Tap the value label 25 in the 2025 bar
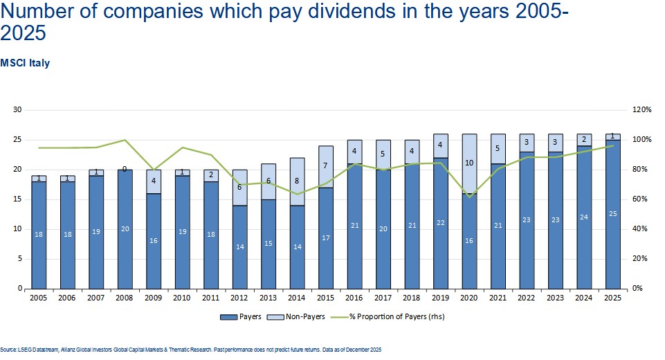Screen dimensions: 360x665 [613, 213]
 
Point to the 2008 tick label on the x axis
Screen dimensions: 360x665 [125, 298]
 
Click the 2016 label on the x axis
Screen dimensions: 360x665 [354, 298]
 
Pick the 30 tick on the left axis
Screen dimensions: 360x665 [18, 110]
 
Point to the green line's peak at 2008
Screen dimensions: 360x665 [125, 140]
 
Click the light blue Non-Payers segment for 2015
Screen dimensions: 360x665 [325, 166]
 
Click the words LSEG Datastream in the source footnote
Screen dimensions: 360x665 [29, 349]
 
